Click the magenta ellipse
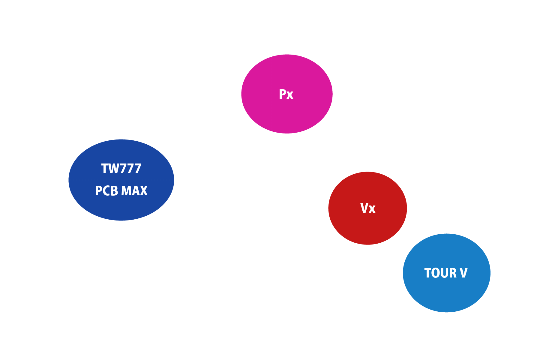287,94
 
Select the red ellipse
367,208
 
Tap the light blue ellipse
447,273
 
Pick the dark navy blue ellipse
121,180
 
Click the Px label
286,94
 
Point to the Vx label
368,208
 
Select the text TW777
121,169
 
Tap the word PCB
106,191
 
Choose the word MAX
134,191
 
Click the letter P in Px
282,94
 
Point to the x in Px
290,95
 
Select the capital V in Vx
364,208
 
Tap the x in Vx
372,209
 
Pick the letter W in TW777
112,169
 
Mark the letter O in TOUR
435,273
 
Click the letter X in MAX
144,191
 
